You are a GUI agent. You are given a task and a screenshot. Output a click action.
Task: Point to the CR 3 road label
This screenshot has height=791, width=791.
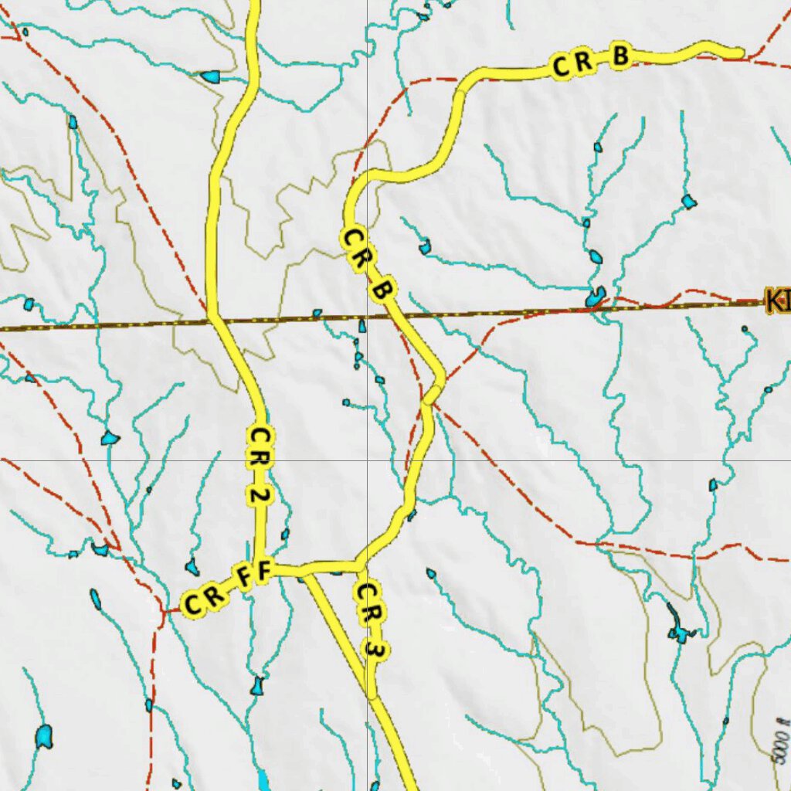click(x=369, y=621)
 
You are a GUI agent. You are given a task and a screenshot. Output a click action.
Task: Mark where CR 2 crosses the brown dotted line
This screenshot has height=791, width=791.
click(x=210, y=317)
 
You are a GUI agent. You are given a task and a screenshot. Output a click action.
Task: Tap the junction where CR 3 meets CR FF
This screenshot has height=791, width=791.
click(x=361, y=568)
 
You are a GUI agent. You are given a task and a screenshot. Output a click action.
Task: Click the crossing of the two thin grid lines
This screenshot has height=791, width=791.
click(x=366, y=460)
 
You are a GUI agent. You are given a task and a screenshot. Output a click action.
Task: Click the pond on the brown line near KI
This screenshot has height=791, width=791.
click(x=595, y=297)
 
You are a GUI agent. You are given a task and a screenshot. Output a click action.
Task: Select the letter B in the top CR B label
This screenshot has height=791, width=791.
click(x=620, y=57)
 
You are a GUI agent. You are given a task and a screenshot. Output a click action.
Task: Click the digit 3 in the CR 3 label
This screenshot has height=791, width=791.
click(x=373, y=651)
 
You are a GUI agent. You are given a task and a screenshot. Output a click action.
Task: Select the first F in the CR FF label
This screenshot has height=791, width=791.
click(x=244, y=578)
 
